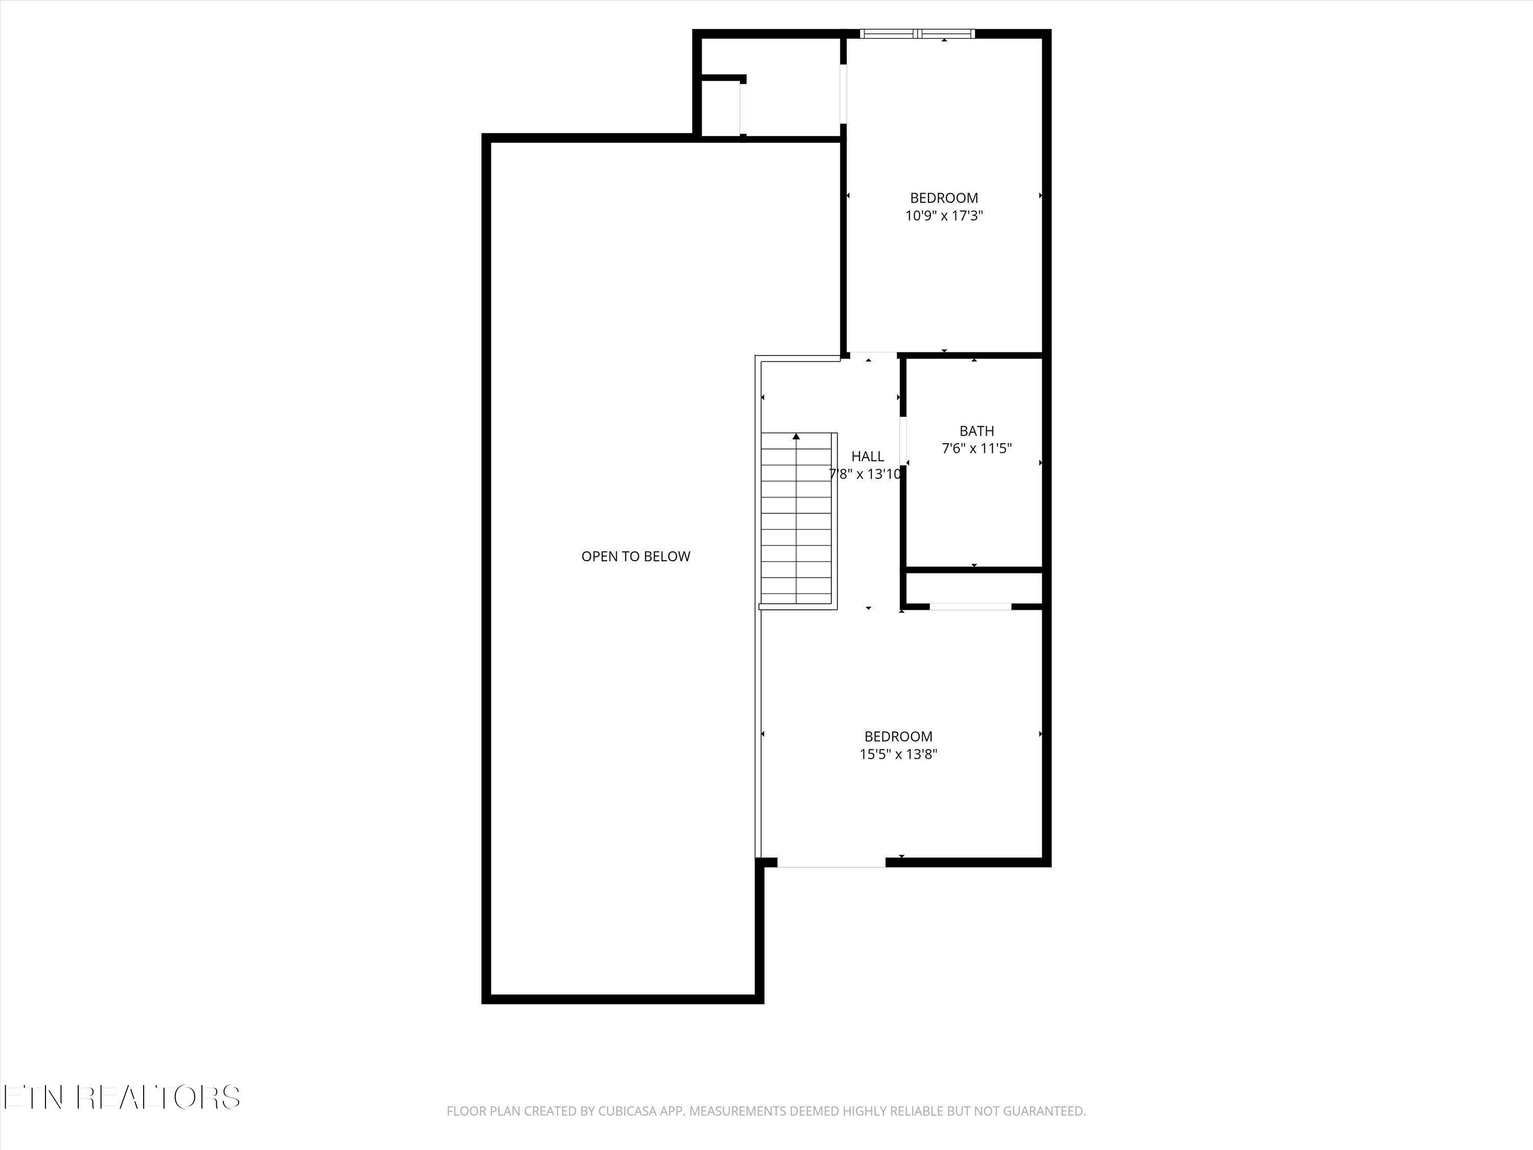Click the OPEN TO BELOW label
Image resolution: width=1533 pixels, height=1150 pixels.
tap(636, 557)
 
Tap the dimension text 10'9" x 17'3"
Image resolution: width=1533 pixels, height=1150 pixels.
tap(944, 216)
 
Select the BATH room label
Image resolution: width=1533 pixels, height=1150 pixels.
tap(977, 431)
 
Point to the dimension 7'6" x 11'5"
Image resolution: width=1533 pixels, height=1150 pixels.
tap(977, 448)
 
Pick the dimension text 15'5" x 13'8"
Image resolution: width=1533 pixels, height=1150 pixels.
tap(898, 754)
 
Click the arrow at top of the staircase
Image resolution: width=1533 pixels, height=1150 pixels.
tap(796, 436)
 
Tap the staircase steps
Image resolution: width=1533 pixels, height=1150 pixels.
tap(796, 520)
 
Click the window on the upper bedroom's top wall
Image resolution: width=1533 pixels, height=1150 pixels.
tap(917, 33)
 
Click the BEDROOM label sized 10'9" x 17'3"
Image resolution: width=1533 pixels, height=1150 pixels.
tap(944, 198)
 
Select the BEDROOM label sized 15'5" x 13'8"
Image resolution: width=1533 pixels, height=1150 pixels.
tap(898, 736)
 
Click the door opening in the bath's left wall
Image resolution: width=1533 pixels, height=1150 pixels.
tap(903, 440)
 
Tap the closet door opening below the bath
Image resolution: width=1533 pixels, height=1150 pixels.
tap(970, 607)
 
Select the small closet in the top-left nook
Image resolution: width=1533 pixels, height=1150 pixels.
tap(721, 109)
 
